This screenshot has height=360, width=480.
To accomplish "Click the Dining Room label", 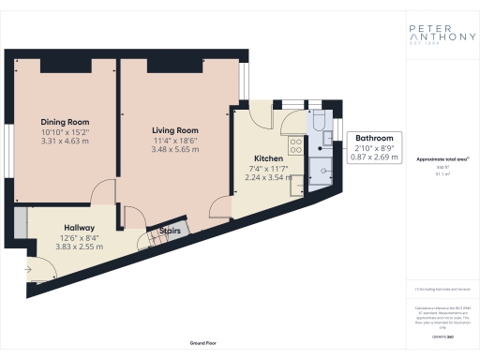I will tap(65, 122).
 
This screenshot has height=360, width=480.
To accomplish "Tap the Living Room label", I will tap(175, 130).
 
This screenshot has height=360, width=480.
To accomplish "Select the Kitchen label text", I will tap(263, 158).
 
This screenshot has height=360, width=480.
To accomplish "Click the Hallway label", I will tap(79, 228).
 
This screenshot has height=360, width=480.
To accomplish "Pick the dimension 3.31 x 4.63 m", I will tap(65, 141).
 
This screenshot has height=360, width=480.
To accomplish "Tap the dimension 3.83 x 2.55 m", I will tap(79, 247).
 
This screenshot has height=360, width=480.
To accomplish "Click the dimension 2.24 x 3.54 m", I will tap(263, 177).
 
